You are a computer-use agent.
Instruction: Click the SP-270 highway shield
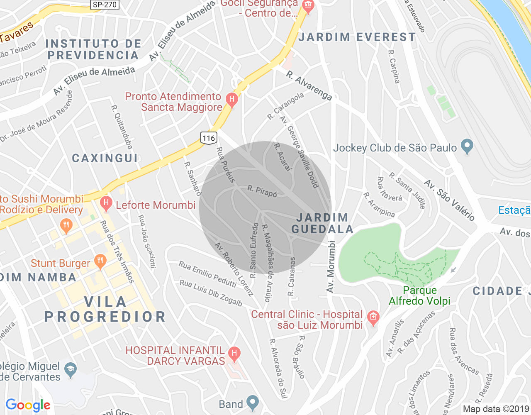point(105,5)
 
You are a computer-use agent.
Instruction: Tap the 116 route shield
point(209,138)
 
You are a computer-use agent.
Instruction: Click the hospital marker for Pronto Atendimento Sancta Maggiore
point(231,100)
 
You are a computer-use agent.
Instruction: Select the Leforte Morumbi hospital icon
point(106,203)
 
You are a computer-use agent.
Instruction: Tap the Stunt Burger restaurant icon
point(100,261)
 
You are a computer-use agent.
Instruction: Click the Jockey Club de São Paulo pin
point(467,146)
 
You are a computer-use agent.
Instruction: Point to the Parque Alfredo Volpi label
point(419,295)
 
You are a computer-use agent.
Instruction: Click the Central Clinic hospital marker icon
point(373,318)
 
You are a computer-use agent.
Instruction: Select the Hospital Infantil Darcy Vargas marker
point(234,354)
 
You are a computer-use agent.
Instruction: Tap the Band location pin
point(252,402)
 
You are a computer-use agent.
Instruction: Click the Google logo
point(28,405)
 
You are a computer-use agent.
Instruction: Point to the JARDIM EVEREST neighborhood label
point(357,37)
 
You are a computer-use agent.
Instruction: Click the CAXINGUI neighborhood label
point(105,158)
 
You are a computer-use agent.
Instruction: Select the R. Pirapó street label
point(262,191)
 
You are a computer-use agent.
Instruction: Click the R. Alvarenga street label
point(309,86)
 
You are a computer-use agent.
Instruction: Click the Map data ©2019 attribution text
point(496,409)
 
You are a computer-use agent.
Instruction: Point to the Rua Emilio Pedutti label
point(207,274)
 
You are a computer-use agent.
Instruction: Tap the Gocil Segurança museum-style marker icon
point(308,6)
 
